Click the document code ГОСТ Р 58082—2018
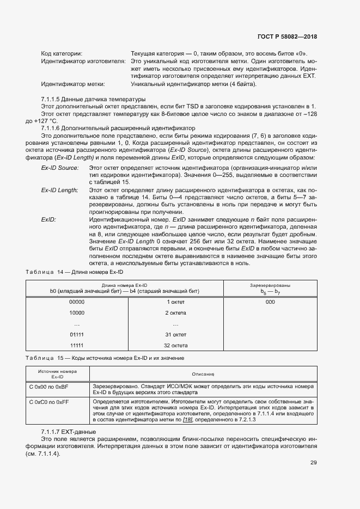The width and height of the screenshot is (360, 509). [x=286, y=36]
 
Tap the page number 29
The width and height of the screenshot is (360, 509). [x=314, y=463]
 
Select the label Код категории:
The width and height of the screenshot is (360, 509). [x=62, y=54]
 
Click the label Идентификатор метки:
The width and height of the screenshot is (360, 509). [x=73, y=84]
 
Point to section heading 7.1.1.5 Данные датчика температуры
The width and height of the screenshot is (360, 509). [x=93, y=99]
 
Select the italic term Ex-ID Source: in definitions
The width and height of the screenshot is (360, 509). [x=60, y=169]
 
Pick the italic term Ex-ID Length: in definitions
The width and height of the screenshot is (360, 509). [x=60, y=190]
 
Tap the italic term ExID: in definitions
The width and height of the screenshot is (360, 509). [x=48, y=219]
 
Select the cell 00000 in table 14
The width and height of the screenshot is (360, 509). [x=77, y=302]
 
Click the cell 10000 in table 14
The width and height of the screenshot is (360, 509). [x=77, y=313]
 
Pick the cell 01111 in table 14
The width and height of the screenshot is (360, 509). [x=77, y=334]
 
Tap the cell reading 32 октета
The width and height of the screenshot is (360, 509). [x=176, y=345]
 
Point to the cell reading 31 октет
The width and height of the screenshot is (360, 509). [x=176, y=334]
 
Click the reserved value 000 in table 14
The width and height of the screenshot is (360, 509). [x=270, y=302]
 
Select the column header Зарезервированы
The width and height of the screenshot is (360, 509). [x=270, y=285]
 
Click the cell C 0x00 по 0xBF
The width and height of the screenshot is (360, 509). [x=48, y=386]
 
